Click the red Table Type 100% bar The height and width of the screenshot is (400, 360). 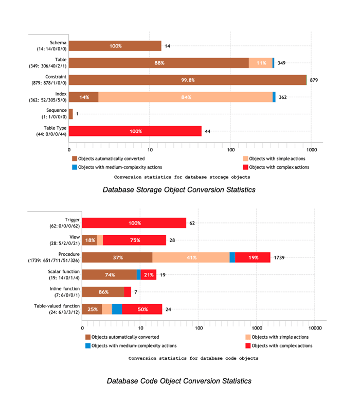[135, 131]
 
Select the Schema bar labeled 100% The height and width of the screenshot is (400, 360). [115, 46]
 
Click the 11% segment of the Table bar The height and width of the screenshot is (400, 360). [261, 63]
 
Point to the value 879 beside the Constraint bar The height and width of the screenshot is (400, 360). [314, 80]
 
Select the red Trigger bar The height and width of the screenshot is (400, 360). [134, 223]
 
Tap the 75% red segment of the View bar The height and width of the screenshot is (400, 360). [135, 240]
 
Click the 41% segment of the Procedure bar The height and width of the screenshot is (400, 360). [191, 257]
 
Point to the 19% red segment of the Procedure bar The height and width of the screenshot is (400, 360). [253, 257]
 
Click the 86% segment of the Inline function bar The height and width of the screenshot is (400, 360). [103, 292]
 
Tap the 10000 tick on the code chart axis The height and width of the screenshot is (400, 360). [315, 327]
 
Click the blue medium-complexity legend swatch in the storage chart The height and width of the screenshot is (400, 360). [75, 167]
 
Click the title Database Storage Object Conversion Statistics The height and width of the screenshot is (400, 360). [179, 190]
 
